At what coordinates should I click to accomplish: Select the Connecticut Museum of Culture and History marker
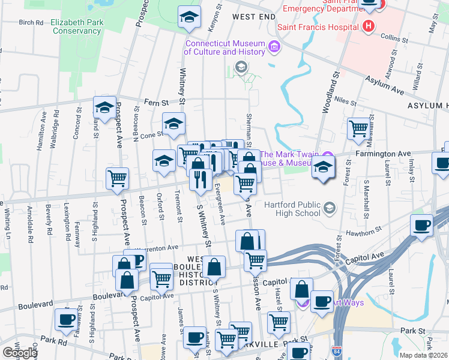[274, 46]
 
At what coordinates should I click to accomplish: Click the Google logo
[20, 353]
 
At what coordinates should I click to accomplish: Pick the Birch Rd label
[31, 22]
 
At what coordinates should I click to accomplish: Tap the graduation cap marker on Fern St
[104, 107]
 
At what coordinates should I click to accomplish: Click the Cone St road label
[151, 135]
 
